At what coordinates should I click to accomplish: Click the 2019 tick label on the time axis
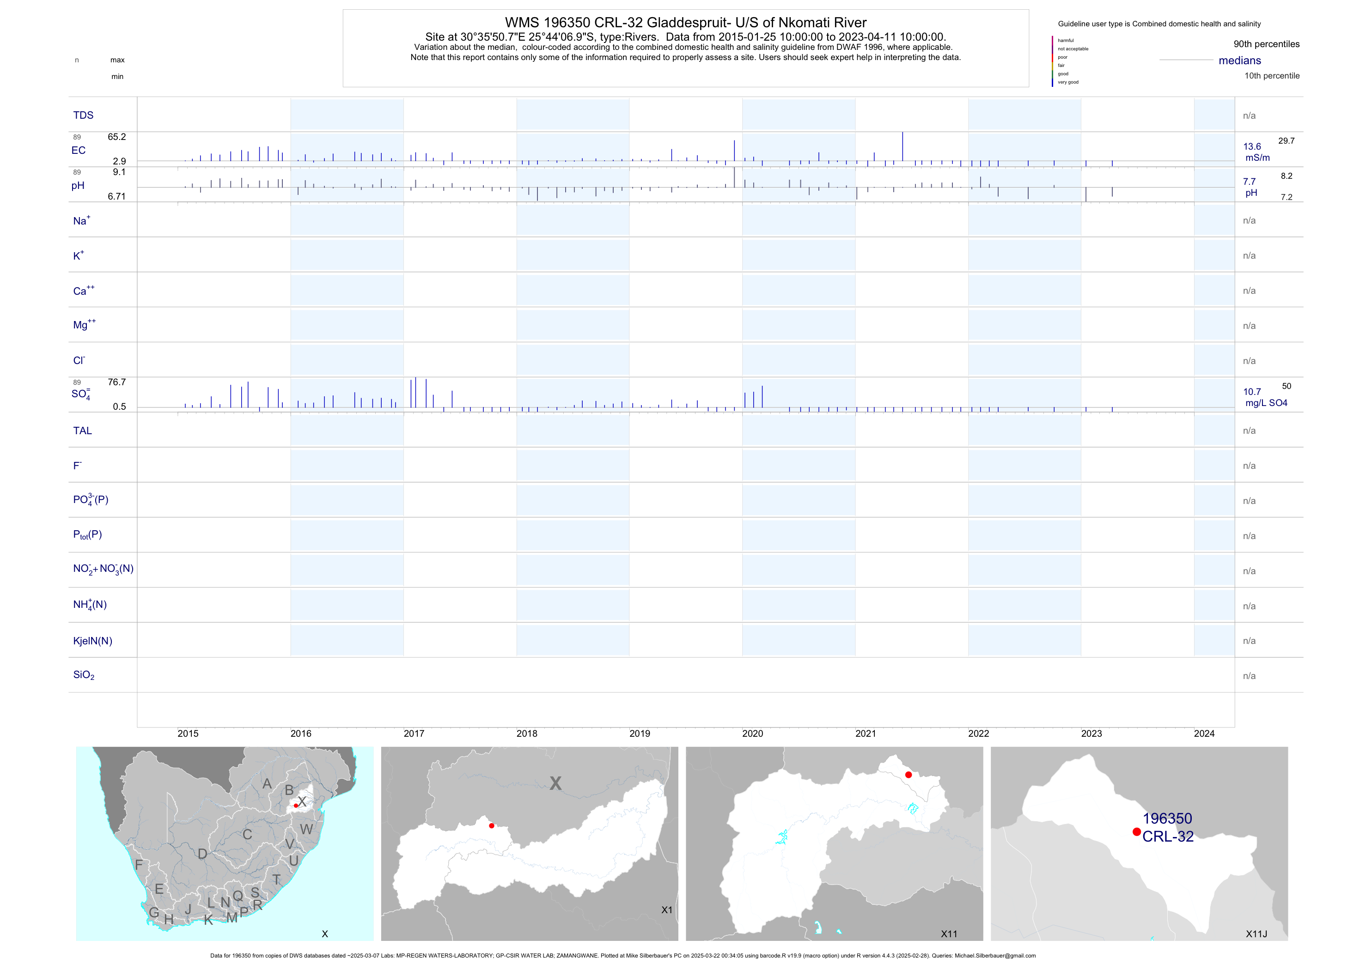click(640, 734)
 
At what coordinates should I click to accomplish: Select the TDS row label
click(83, 115)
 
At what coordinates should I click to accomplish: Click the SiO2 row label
click(84, 675)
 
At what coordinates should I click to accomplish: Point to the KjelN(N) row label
click(92, 641)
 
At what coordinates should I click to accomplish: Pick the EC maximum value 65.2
click(116, 137)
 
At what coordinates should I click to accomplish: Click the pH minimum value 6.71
click(116, 196)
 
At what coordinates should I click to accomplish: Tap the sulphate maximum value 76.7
click(116, 382)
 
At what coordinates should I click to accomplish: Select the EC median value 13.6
click(1252, 146)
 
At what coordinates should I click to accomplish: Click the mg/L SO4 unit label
click(1266, 403)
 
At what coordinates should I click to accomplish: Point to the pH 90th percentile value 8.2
click(1287, 176)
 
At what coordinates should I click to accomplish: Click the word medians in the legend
click(1240, 61)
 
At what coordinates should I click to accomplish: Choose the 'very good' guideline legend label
click(1068, 82)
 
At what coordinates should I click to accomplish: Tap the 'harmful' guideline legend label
click(1066, 41)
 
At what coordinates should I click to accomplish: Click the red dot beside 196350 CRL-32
click(1137, 832)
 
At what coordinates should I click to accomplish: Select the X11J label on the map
click(1256, 934)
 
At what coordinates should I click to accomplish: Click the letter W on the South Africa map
click(306, 829)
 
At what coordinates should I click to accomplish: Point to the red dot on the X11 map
click(909, 775)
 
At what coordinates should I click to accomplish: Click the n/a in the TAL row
click(1249, 430)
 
